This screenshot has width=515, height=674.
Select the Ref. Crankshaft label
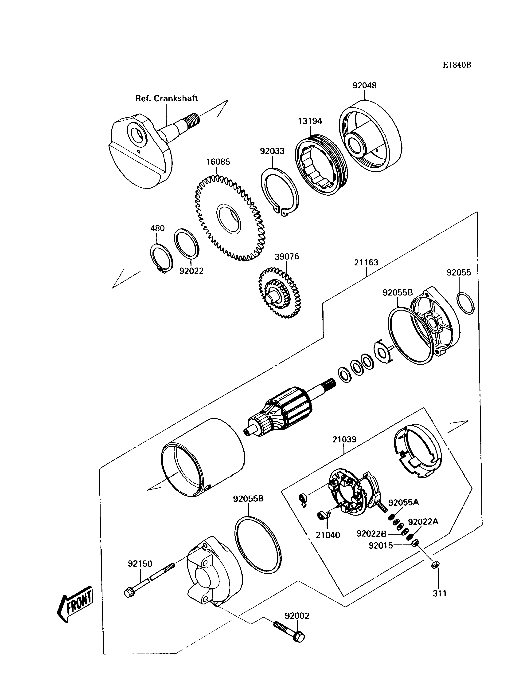click(166, 99)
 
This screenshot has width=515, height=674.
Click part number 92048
click(364, 85)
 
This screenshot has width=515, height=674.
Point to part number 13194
click(310, 121)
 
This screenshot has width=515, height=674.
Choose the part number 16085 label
click(218, 162)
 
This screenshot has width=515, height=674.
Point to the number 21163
click(366, 263)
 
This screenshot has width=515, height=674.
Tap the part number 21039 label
click(344, 440)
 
